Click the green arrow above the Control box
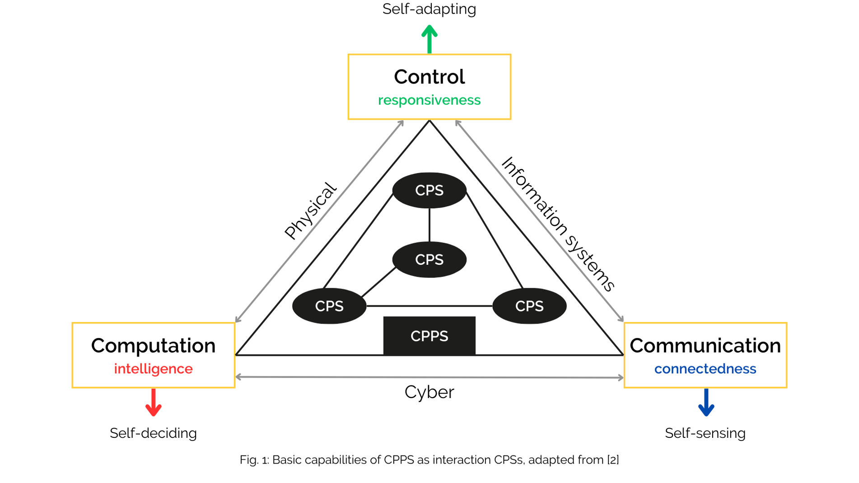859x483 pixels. pyautogui.click(x=429, y=40)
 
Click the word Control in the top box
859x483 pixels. pyautogui.click(x=429, y=77)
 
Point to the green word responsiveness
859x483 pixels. pyautogui.click(x=429, y=100)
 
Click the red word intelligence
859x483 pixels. pyautogui.click(x=153, y=369)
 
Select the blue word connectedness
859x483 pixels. pyautogui.click(x=705, y=369)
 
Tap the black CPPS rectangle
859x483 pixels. pyautogui.click(x=429, y=336)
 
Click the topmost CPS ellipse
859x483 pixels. pyautogui.click(x=429, y=190)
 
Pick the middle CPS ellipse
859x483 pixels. pyautogui.click(x=429, y=259)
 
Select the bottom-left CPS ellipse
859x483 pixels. pyautogui.click(x=329, y=306)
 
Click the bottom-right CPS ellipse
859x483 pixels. pyautogui.click(x=529, y=306)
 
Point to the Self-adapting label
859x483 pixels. pyautogui.click(x=429, y=9)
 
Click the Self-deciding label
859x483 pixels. pyautogui.click(x=153, y=433)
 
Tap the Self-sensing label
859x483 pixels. pyautogui.click(x=705, y=433)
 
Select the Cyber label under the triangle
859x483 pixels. pyautogui.click(x=429, y=392)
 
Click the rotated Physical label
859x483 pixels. pyautogui.click(x=310, y=211)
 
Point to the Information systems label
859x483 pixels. pyautogui.click(x=558, y=225)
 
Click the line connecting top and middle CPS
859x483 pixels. pyautogui.click(x=429, y=225)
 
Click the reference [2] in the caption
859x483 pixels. pyautogui.click(x=613, y=460)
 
